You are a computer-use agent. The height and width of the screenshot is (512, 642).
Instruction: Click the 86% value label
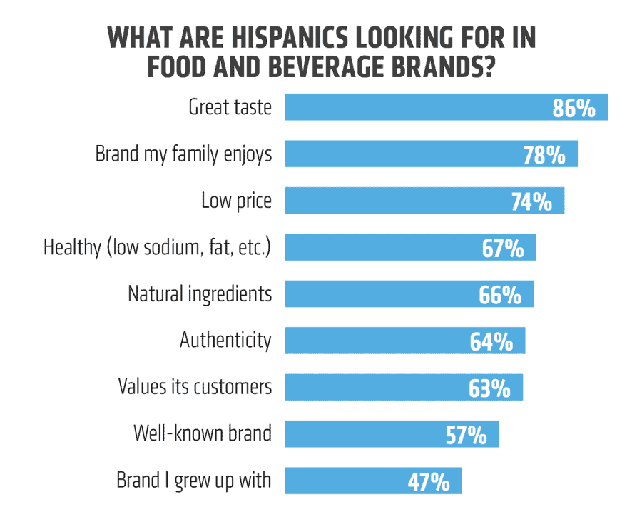[574, 109]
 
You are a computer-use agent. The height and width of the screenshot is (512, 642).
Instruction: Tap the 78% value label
[544, 155]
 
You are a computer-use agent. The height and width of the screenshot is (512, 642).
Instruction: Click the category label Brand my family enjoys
[183, 154]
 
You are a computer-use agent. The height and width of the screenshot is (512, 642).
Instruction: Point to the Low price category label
[236, 201]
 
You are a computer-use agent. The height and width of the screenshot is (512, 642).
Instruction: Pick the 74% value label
[531, 201]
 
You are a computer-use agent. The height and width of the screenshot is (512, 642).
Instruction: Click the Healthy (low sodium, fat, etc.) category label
[158, 248]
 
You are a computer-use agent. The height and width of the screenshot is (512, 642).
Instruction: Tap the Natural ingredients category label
[200, 293]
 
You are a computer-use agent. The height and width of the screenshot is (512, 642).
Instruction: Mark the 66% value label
[501, 295]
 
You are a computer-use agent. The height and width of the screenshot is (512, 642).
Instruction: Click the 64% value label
[491, 341]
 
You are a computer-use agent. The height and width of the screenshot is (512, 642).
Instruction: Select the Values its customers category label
[194, 387]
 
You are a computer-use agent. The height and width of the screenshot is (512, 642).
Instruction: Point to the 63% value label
[489, 388]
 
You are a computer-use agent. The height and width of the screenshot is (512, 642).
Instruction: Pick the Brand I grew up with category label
[193, 480]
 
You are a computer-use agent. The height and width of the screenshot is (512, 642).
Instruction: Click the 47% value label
[429, 481]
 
